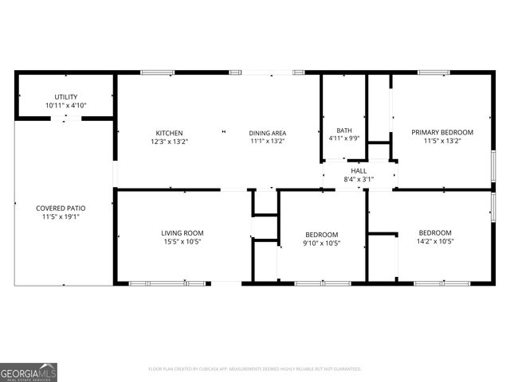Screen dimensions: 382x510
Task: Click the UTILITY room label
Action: [66, 97]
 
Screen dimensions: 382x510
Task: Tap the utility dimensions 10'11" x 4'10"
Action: [66, 105]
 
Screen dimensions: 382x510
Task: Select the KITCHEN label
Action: [169, 133]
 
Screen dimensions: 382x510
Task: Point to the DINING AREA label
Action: [268, 133]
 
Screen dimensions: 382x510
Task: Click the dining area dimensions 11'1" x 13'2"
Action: [268, 141]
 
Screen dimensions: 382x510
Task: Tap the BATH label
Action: [344, 131]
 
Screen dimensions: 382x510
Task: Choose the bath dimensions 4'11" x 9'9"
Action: [344, 138]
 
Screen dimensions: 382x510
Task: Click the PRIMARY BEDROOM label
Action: [442, 132]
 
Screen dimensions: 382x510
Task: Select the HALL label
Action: [359, 171]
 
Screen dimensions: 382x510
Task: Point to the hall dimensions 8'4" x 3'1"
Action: [359, 179]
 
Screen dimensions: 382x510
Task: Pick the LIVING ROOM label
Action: [182, 233]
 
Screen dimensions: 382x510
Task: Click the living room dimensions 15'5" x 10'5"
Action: [182, 241]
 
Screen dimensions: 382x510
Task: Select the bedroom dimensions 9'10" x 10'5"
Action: [322, 243]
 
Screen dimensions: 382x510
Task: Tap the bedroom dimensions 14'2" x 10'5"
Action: [435, 241]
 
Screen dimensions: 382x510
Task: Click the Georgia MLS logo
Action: [29, 372]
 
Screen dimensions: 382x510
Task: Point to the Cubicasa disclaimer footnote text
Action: [255, 369]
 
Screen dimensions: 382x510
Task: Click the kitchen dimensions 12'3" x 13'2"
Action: [169, 141]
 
